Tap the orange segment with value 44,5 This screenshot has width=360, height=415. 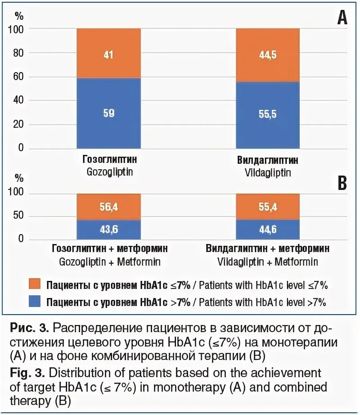[x=268, y=55]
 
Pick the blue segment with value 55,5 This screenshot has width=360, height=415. [x=268, y=115]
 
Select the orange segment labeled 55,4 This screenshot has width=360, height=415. [x=268, y=207]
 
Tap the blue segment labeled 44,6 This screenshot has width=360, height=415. [x=268, y=230]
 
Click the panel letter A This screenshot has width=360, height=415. [x=342, y=18]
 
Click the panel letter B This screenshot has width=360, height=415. [x=342, y=183]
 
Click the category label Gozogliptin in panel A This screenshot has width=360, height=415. [x=109, y=172]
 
